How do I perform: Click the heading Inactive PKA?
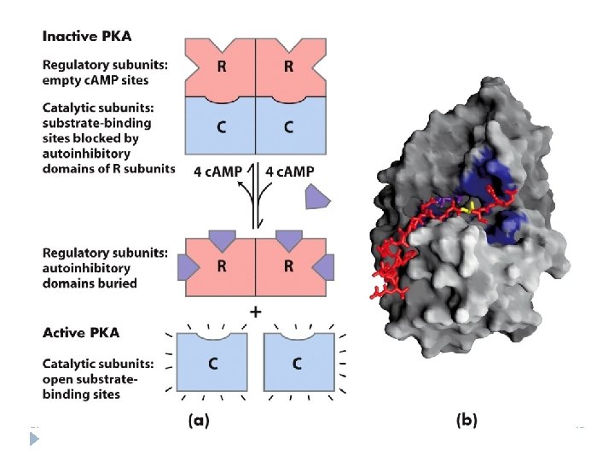click(x=86, y=37)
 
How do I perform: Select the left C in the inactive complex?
click(x=221, y=127)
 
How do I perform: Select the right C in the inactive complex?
click(x=288, y=127)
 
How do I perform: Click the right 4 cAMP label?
click(x=290, y=171)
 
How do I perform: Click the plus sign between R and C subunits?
click(x=255, y=312)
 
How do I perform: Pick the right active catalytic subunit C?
click(x=297, y=362)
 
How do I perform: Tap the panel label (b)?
click(x=467, y=419)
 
